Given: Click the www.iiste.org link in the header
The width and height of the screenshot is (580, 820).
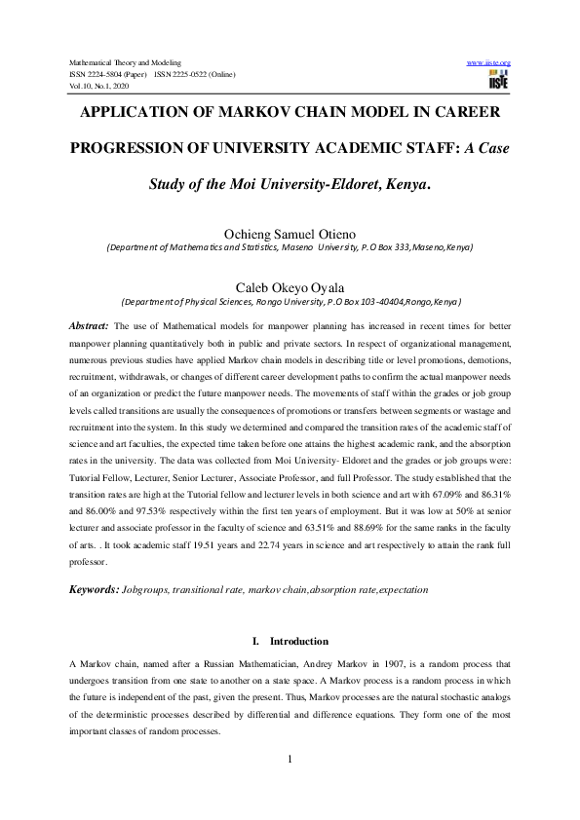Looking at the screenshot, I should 489,62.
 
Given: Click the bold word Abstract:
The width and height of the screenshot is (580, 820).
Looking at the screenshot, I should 89,325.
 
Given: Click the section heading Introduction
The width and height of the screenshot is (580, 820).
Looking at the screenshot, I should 300,642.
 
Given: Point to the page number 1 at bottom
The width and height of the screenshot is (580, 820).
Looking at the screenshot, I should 290,760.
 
